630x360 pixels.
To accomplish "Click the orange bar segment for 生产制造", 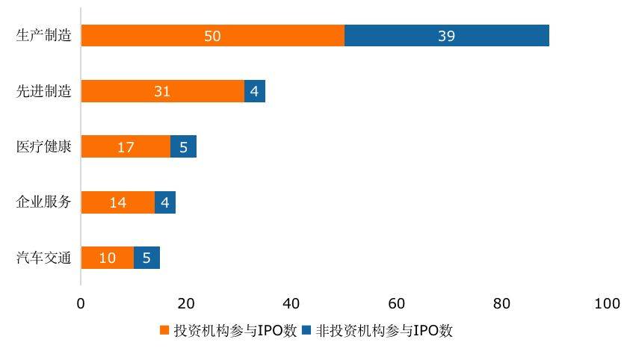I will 212,36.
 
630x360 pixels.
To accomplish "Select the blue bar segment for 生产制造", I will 447,36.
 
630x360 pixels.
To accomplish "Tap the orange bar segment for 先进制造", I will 162,91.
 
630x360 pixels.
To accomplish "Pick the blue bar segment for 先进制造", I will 255,91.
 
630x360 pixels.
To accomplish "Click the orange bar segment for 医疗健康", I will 126,146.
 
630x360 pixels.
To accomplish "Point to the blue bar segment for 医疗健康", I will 183,146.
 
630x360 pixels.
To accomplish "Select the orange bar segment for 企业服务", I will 117,202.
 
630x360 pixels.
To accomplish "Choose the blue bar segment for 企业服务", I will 165,202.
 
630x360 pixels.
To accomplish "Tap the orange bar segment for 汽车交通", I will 107,258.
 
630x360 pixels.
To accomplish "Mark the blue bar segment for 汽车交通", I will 146,258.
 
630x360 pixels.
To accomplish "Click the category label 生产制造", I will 44,36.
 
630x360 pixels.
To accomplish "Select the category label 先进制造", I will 44,91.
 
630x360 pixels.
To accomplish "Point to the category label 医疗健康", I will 44,146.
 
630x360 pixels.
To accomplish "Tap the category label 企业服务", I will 44,202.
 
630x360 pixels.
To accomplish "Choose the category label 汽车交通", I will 44,258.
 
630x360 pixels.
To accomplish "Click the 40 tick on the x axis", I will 291,303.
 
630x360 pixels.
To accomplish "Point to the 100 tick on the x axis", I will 607,303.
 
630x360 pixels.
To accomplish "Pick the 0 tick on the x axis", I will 81,303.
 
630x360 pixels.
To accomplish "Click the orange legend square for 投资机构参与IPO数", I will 166,331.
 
